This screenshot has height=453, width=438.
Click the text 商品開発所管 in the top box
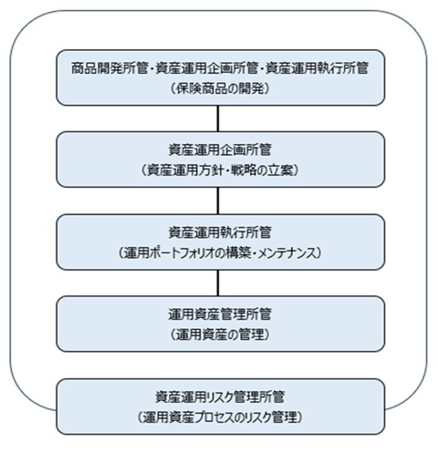point(109,68)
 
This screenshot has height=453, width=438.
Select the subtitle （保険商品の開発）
point(220,88)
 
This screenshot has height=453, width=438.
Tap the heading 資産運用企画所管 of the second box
point(220,149)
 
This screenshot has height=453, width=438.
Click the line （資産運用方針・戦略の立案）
point(220,170)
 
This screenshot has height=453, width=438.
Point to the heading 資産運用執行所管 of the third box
point(220,232)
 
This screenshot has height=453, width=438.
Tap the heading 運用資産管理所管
point(220,314)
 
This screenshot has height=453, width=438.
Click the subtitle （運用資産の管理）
point(220,335)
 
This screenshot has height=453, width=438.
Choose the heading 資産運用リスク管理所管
point(220,396)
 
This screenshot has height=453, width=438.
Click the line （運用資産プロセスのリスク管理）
point(220,417)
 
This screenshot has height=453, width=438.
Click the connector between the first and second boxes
point(218,118)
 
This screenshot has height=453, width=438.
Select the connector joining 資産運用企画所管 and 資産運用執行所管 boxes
point(218,201)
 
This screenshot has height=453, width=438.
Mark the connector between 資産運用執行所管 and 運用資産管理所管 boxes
point(218,283)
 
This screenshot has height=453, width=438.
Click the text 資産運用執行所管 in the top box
point(318,68)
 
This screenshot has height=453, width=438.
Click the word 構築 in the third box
point(238,252)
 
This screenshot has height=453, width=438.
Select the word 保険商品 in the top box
point(201,88)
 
